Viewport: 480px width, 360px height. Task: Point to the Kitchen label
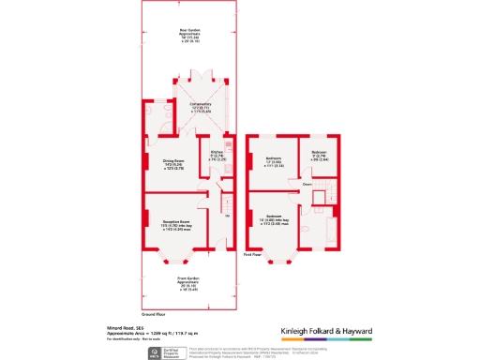coord(215,156)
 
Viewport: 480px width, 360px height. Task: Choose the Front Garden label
coord(190,285)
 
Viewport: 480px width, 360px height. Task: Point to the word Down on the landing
coord(307,185)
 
